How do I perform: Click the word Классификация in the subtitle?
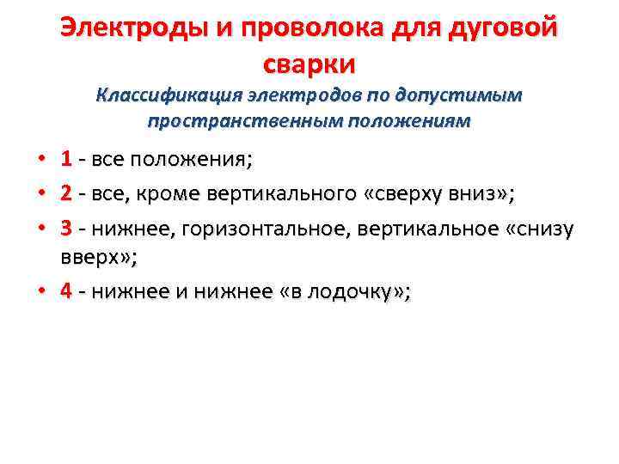[x=167, y=95]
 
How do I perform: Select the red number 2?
[x=66, y=193]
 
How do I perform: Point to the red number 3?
[x=66, y=229]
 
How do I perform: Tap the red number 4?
[x=66, y=290]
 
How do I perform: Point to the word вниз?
[x=476, y=193]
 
